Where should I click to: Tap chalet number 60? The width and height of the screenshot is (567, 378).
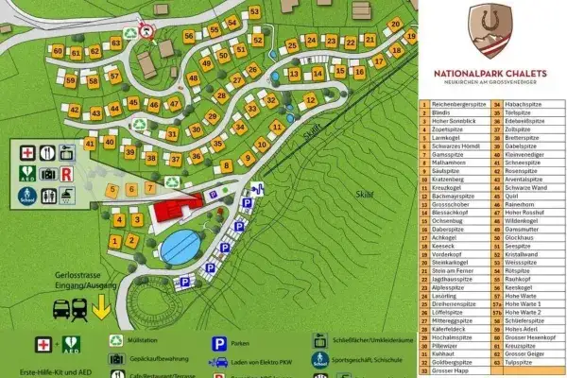(x=59, y=51)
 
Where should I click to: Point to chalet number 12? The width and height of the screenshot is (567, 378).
(x=309, y=99)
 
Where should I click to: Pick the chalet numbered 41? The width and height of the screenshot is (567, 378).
(x=91, y=144)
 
